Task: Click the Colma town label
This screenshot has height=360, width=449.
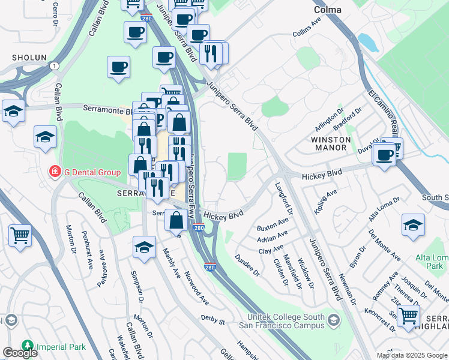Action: [x=328, y=10]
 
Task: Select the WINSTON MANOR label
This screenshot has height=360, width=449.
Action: [x=330, y=143]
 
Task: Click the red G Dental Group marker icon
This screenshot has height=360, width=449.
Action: [x=55, y=172]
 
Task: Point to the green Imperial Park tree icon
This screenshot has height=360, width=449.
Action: [x=27, y=346]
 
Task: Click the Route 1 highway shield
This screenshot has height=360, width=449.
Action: [x=55, y=65]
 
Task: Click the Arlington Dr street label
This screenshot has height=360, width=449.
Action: [x=330, y=121]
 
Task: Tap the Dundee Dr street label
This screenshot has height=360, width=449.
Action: [x=247, y=263]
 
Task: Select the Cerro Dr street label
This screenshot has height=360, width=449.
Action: [x=56, y=10]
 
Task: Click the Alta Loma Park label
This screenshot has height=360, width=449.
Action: [x=432, y=262]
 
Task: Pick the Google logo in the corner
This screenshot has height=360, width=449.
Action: [x=20, y=353]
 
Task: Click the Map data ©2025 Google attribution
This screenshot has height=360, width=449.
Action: [x=411, y=355]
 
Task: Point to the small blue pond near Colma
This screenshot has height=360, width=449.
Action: [x=366, y=43]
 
